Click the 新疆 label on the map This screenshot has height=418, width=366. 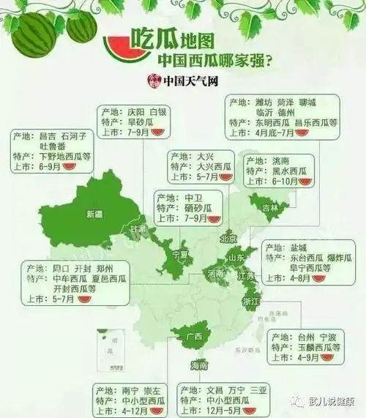pos(95,214)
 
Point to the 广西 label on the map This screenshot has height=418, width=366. pos(194,336)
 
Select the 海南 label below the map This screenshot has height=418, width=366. pos(199,364)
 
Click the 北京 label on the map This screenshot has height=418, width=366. pos(229,239)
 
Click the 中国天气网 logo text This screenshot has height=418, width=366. pos(193,80)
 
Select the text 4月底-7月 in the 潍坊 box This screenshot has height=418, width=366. pos(276,133)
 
